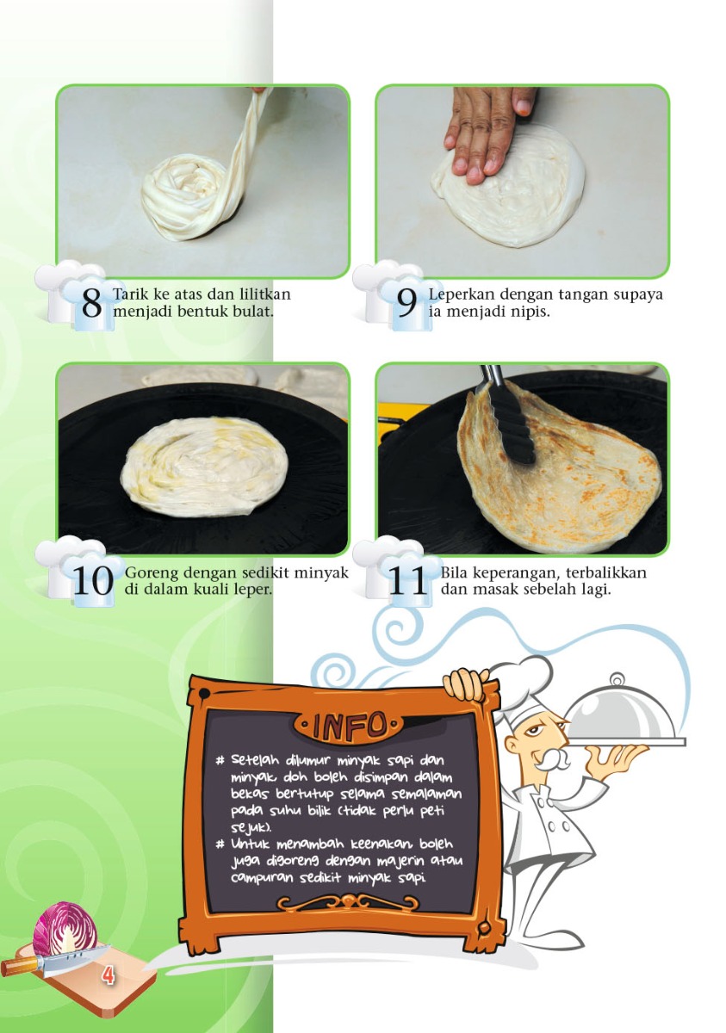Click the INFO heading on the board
coord(349,725)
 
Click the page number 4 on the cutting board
coord(108,975)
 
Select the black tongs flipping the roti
coord(508,422)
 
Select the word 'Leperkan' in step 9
coord(461,294)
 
